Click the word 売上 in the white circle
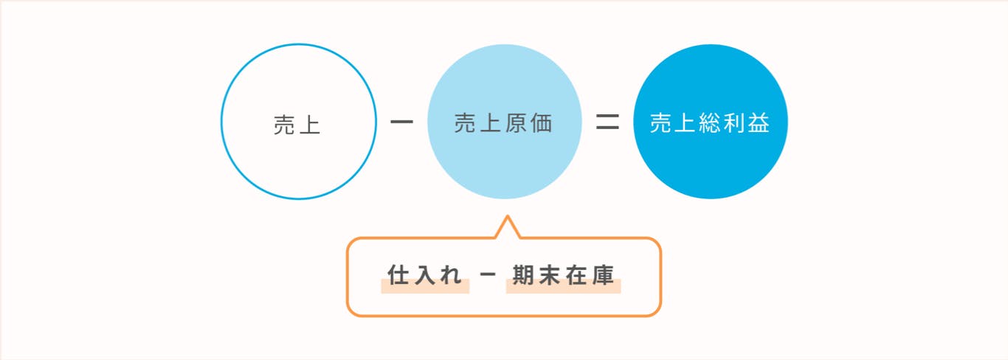[297, 125]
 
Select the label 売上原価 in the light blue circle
[503, 123]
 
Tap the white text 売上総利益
[710, 123]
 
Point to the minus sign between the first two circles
[401, 122]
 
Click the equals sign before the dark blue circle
[607, 122]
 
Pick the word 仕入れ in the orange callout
[424, 274]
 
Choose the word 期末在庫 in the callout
[563, 274]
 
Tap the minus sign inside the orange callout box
[488, 274]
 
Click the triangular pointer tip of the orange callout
[508, 216]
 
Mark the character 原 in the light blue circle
[516, 123]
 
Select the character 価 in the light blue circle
[542, 123]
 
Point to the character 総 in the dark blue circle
[710, 123]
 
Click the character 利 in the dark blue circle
[734, 123]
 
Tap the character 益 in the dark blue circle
[759, 123]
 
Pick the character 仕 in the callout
[398, 274]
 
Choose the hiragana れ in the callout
[452, 275]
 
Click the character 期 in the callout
[523, 274]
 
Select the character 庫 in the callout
[604, 274]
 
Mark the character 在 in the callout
[576, 274]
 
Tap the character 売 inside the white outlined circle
[284, 125]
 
